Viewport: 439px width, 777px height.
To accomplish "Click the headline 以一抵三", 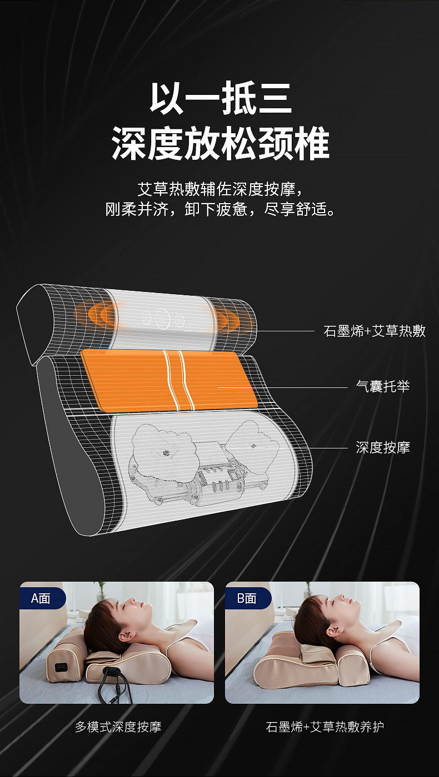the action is [221, 98].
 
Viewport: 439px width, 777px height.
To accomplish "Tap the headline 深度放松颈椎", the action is [220, 143].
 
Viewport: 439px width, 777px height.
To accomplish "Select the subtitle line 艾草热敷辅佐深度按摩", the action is [220, 189].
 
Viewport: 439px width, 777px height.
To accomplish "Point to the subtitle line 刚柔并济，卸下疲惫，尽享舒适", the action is [220, 209].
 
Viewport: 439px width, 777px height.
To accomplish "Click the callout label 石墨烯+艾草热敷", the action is [375, 331].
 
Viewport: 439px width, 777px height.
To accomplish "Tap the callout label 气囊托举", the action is [383, 386].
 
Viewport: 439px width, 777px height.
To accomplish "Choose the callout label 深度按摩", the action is [383, 447].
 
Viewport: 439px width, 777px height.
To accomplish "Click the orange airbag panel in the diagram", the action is [169, 380].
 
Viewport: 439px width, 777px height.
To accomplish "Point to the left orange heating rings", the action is [94, 315].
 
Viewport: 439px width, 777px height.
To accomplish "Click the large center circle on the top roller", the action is [162, 318].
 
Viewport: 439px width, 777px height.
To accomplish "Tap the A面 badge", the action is [41, 598].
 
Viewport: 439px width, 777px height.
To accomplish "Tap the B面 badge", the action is [247, 598].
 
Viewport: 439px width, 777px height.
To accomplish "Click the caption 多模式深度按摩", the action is [118, 726].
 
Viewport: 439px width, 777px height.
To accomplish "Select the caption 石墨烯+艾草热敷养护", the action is [325, 726].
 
